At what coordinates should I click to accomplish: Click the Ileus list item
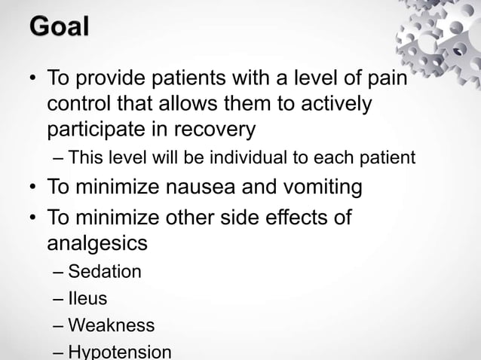pyautogui.click(x=87, y=299)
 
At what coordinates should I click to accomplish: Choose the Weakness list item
pyautogui.click(x=111, y=325)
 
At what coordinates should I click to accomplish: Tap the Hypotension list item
pyautogui.click(x=119, y=352)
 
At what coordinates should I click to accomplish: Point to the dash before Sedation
pyautogui.click(x=58, y=271)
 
